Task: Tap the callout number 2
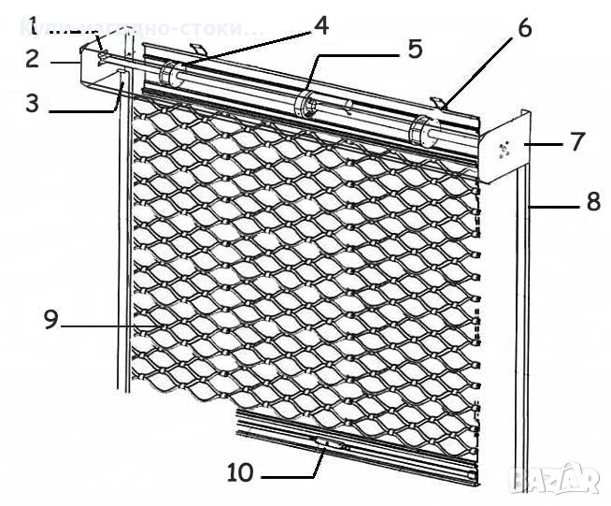click(x=33, y=59)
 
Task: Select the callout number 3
click(x=33, y=102)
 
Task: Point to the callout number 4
click(x=320, y=24)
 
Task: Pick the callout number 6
click(x=524, y=28)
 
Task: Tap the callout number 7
click(x=576, y=143)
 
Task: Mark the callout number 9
click(x=50, y=320)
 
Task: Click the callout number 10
click(x=240, y=472)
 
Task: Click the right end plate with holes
click(x=505, y=148)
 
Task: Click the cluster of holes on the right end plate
click(x=505, y=148)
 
